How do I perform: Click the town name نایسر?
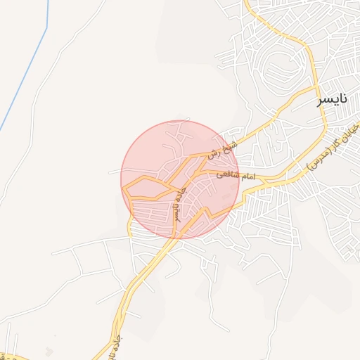[x=333, y=100]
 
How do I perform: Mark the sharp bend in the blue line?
[x=46, y=29]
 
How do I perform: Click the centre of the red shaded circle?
[x=179, y=180]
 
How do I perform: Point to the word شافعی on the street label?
[x=223, y=172]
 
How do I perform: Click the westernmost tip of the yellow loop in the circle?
[x=123, y=188]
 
